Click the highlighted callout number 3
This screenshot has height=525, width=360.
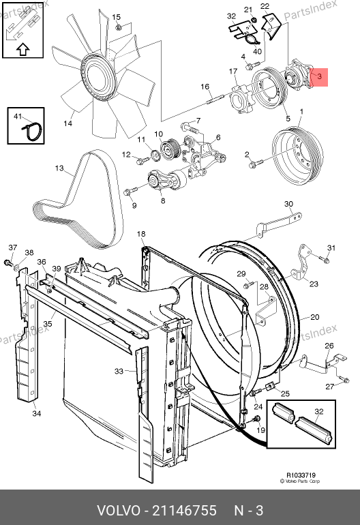320,76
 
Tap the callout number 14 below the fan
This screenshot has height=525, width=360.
67,123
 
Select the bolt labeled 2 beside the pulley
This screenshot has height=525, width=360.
256,164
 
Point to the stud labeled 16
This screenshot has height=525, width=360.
213,100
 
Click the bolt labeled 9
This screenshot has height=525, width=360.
130,191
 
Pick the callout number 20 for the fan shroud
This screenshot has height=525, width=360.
315,317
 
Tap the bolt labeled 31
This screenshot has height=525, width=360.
325,259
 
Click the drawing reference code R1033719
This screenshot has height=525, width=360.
301,475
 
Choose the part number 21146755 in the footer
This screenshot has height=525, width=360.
185,511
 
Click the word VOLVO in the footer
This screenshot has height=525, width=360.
119,511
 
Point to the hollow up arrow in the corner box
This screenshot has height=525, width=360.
22,49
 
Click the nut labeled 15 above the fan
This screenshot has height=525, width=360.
118,27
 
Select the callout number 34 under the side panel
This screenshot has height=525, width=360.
37,413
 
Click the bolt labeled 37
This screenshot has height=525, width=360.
7,262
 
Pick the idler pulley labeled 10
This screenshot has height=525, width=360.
170,149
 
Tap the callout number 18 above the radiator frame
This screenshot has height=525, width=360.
141,234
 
